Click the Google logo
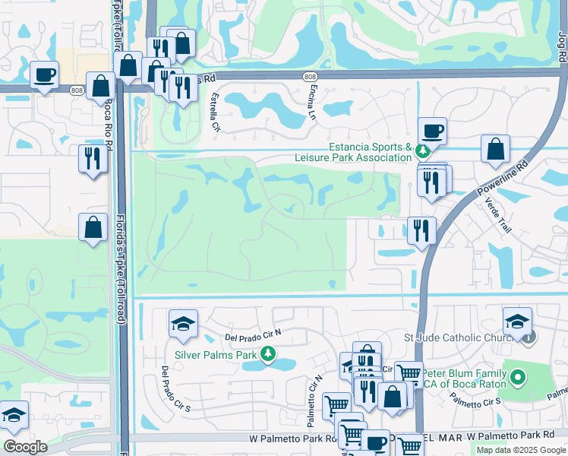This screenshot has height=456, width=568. pyautogui.click(x=26, y=447)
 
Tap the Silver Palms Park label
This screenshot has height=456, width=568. pyautogui.click(x=216, y=354)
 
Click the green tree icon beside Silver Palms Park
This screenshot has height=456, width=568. pyautogui.click(x=267, y=354)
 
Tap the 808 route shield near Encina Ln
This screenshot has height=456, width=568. pyautogui.click(x=309, y=78)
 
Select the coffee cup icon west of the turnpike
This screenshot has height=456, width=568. pyautogui.click(x=44, y=74)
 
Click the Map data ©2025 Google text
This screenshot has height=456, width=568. pyautogui.click(x=520, y=450)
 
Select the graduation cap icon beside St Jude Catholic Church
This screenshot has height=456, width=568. pyautogui.click(x=517, y=320)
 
